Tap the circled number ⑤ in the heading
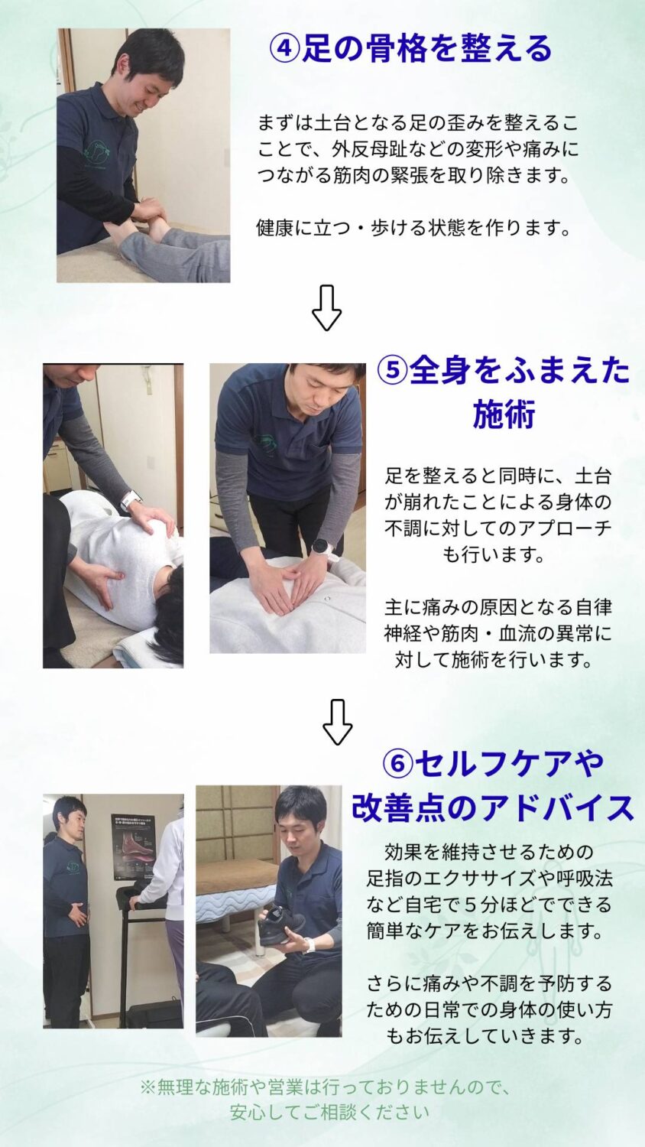pyautogui.click(x=392, y=370)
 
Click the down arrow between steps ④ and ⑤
pyautogui.click(x=326, y=307)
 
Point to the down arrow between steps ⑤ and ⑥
pyautogui.click(x=338, y=722)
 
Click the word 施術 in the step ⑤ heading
pyautogui.click(x=504, y=414)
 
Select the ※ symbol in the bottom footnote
pyautogui.click(x=147, y=1087)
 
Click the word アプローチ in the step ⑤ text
pyautogui.click(x=565, y=528)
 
